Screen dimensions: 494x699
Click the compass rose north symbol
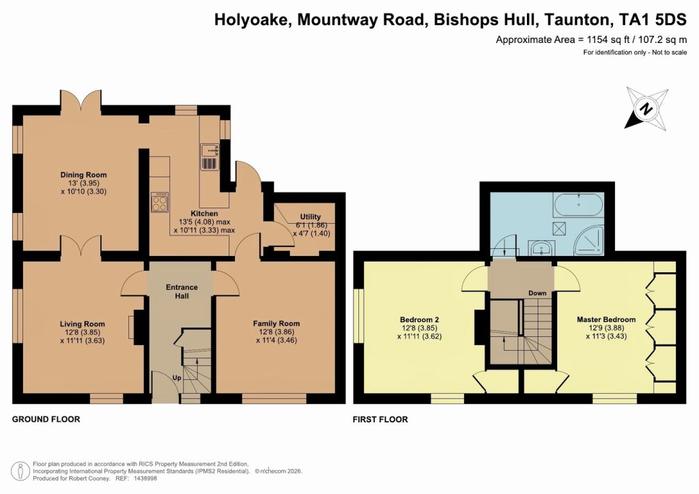point(645,108)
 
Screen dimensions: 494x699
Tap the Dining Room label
point(83,175)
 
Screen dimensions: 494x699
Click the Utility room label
point(311,217)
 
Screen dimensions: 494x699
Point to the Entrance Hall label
point(182,291)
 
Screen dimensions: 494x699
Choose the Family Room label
point(276,323)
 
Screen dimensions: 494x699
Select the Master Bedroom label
point(606,319)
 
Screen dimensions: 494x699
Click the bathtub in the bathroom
point(578,202)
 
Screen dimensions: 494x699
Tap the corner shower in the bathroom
point(589,239)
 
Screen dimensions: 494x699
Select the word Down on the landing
point(537,293)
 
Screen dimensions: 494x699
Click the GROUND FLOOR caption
point(46,420)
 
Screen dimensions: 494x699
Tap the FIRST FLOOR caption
point(380,420)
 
